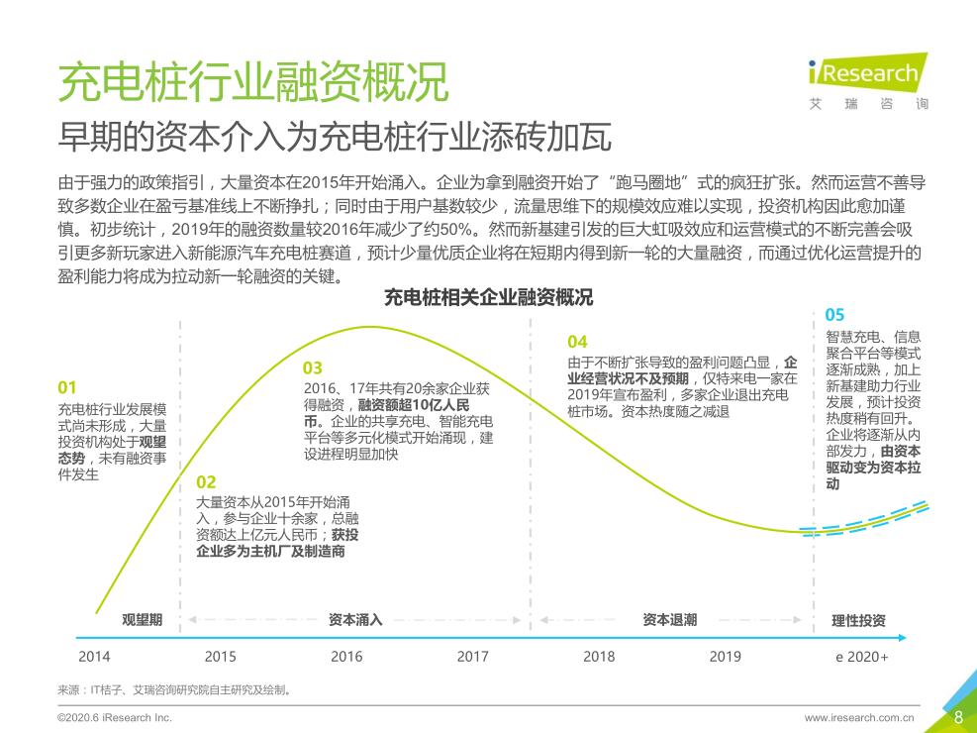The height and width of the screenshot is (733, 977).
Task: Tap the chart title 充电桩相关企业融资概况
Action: (488, 297)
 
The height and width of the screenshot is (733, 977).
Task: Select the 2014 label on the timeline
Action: (95, 656)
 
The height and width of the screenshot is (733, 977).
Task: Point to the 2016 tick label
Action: (346, 656)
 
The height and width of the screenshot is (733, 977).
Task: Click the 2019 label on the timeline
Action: (725, 656)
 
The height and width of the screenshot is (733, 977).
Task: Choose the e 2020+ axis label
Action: (861, 656)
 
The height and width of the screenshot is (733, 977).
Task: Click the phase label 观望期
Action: (143, 620)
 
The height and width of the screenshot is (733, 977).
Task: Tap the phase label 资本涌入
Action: (355, 620)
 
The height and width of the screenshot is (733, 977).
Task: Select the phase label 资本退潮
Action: (669, 620)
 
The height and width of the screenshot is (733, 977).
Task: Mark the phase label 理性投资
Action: (858, 621)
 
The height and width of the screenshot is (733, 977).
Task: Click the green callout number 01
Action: (67, 387)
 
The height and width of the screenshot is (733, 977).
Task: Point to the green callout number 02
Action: (206, 482)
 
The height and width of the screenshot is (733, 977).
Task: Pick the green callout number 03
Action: (313, 368)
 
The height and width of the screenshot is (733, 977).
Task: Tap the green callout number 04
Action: (577, 342)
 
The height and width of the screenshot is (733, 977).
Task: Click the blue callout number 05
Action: (834, 315)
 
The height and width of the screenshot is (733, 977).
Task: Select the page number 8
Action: (957, 716)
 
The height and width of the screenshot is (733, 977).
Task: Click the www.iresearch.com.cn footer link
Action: (859, 717)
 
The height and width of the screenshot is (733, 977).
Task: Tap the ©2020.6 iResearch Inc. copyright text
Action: (115, 717)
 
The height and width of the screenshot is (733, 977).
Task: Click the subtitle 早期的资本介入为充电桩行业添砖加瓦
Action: (335, 136)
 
